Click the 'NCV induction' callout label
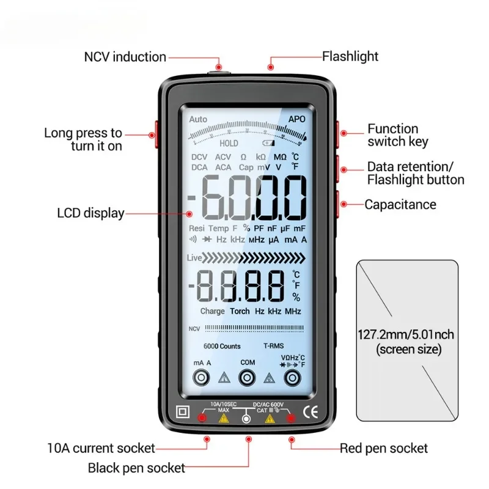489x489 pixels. [x=125, y=57]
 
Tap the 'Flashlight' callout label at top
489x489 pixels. [x=350, y=56]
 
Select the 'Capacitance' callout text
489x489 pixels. [x=400, y=204]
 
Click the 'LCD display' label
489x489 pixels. [x=90, y=213]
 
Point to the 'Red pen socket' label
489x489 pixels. [x=384, y=448]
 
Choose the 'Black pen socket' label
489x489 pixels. [x=136, y=468]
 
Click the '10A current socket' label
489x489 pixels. [x=102, y=448]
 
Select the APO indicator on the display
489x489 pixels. [x=296, y=119]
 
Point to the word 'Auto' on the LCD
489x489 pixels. [x=198, y=119]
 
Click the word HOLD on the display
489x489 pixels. [x=229, y=144]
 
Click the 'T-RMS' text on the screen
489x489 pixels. [x=273, y=346]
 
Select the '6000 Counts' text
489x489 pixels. [x=222, y=346]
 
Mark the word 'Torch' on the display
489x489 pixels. [x=240, y=311]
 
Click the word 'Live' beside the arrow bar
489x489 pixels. [x=194, y=259]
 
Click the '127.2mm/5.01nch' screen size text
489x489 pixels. [x=406, y=334]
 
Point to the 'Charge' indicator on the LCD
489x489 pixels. [x=212, y=311]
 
